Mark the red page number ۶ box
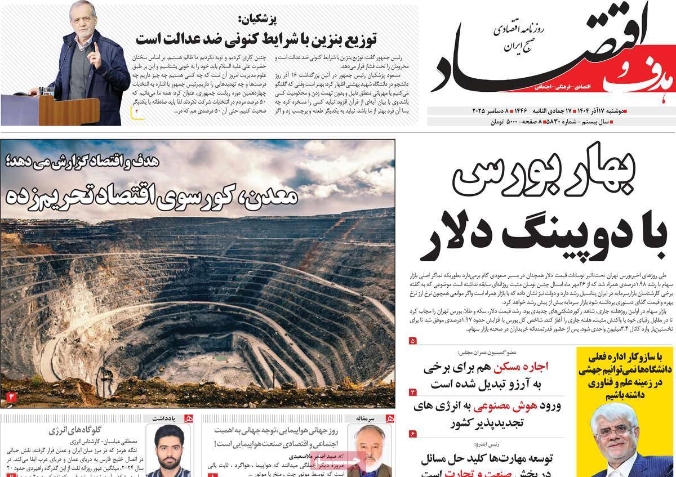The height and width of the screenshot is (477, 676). tap(412, 433)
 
